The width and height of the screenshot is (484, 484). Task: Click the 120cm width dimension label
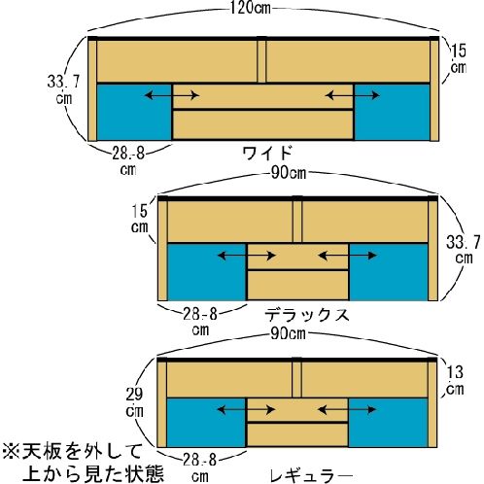(x=250, y=8)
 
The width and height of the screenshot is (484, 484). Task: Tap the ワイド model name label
(x=268, y=153)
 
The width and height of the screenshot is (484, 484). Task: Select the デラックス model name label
(x=307, y=315)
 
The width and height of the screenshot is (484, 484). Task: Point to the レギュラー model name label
(x=311, y=476)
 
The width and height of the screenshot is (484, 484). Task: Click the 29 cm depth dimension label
(x=134, y=402)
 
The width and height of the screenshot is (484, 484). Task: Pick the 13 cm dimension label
(x=455, y=381)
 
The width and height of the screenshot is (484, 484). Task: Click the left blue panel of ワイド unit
(x=134, y=113)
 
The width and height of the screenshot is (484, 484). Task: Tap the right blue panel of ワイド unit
(x=393, y=113)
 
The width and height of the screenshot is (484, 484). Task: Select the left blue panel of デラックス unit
(x=207, y=272)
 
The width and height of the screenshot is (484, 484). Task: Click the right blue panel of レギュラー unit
(x=389, y=423)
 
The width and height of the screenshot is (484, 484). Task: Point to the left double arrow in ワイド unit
(x=172, y=95)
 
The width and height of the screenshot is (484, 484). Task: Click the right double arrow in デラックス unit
(x=347, y=256)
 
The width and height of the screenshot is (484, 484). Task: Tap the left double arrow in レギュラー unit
(x=246, y=410)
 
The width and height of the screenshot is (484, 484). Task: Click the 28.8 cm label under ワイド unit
(x=128, y=161)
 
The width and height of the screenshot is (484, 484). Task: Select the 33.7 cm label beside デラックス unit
(x=464, y=250)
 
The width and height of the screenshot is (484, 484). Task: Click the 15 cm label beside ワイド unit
(x=459, y=59)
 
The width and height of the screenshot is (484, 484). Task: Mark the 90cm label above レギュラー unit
(x=288, y=333)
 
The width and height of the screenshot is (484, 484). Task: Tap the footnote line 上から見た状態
(x=94, y=474)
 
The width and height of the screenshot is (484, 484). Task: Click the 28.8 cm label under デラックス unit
(x=200, y=322)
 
